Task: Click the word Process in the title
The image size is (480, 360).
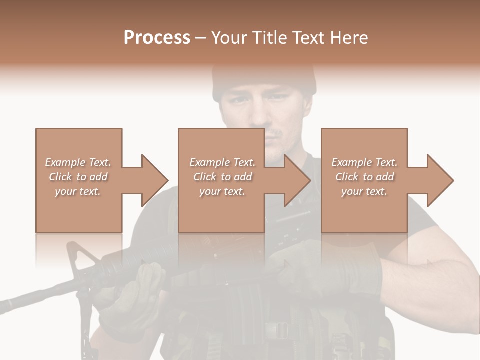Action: click(x=157, y=38)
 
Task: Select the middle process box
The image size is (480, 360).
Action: click(x=221, y=210)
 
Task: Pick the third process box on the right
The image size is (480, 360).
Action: click(x=364, y=210)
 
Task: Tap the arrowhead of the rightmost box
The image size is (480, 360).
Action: click(x=440, y=180)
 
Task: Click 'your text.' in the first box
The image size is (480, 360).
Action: click(x=77, y=191)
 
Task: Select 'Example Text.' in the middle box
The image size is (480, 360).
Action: click(x=222, y=162)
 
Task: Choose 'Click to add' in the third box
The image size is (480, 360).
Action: click(x=365, y=177)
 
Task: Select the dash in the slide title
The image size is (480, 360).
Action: click(x=201, y=38)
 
